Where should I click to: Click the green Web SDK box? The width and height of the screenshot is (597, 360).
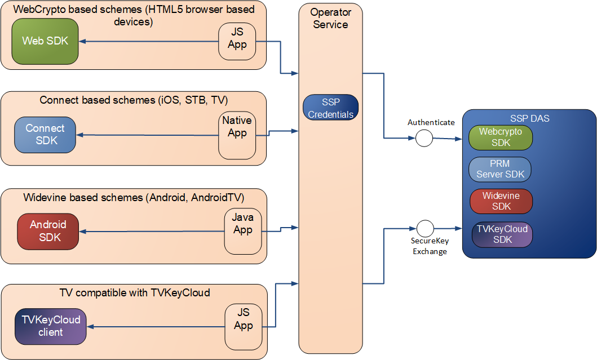click(45, 41)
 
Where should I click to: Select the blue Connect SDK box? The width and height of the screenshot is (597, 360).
click(45, 135)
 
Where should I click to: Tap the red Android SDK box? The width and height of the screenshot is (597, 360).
click(48, 231)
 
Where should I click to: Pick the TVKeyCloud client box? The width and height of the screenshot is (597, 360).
click(51, 326)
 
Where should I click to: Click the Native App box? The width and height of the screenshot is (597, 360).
click(237, 135)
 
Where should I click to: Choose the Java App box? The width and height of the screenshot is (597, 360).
click(242, 231)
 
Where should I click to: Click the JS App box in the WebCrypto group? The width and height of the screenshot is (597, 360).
click(237, 41)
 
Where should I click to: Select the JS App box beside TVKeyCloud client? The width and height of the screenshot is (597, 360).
click(243, 326)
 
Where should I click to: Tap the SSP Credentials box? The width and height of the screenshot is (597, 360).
click(330, 108)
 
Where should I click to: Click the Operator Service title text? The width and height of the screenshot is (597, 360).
click(330, 18)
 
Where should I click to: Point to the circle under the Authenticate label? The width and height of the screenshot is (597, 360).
click(424, 138)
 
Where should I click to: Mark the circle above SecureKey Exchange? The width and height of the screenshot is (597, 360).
click(424, 228)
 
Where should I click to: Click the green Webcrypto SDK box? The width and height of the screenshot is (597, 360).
click(501, 137)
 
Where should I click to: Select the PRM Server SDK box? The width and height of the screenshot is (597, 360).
click(499, 169)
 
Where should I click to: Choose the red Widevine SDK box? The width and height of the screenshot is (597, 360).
click(501, 201)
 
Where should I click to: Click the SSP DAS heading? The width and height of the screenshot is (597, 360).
click(529, 118)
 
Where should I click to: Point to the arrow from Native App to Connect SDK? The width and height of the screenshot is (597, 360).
click(147, 135)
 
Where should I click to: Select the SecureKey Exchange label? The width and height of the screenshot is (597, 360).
click(430, 246)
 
